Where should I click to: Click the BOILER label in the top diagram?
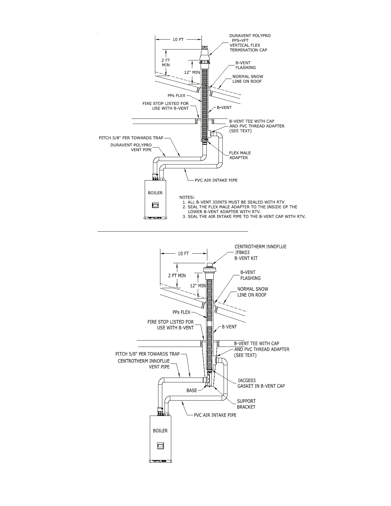coord(155,193)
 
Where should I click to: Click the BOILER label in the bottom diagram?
coord(160,431)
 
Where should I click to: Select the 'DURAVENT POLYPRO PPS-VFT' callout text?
coord(250,38)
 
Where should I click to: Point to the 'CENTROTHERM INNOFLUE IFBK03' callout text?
coord(260,249)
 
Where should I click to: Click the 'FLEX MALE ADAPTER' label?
coord(240,155)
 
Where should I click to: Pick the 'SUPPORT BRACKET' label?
coord(246,404)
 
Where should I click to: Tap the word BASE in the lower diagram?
coord(192,390)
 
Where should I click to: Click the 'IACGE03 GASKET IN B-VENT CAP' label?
coord(261,383)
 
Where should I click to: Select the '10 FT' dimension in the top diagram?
coord(178,40)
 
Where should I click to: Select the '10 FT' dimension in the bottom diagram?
coord(183,253)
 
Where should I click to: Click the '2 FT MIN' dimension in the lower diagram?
coord(177,275)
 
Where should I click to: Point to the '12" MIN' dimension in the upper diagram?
coord(192,72)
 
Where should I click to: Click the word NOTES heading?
coord(187,197)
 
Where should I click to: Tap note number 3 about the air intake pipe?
coord(244,217)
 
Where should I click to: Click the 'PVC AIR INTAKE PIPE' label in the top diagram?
coord(216,180)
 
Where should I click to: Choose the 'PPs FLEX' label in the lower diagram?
coord(181,312)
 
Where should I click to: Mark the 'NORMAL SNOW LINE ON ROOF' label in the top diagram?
coord(248,79)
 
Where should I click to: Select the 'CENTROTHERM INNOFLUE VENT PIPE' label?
coord(144,364)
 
